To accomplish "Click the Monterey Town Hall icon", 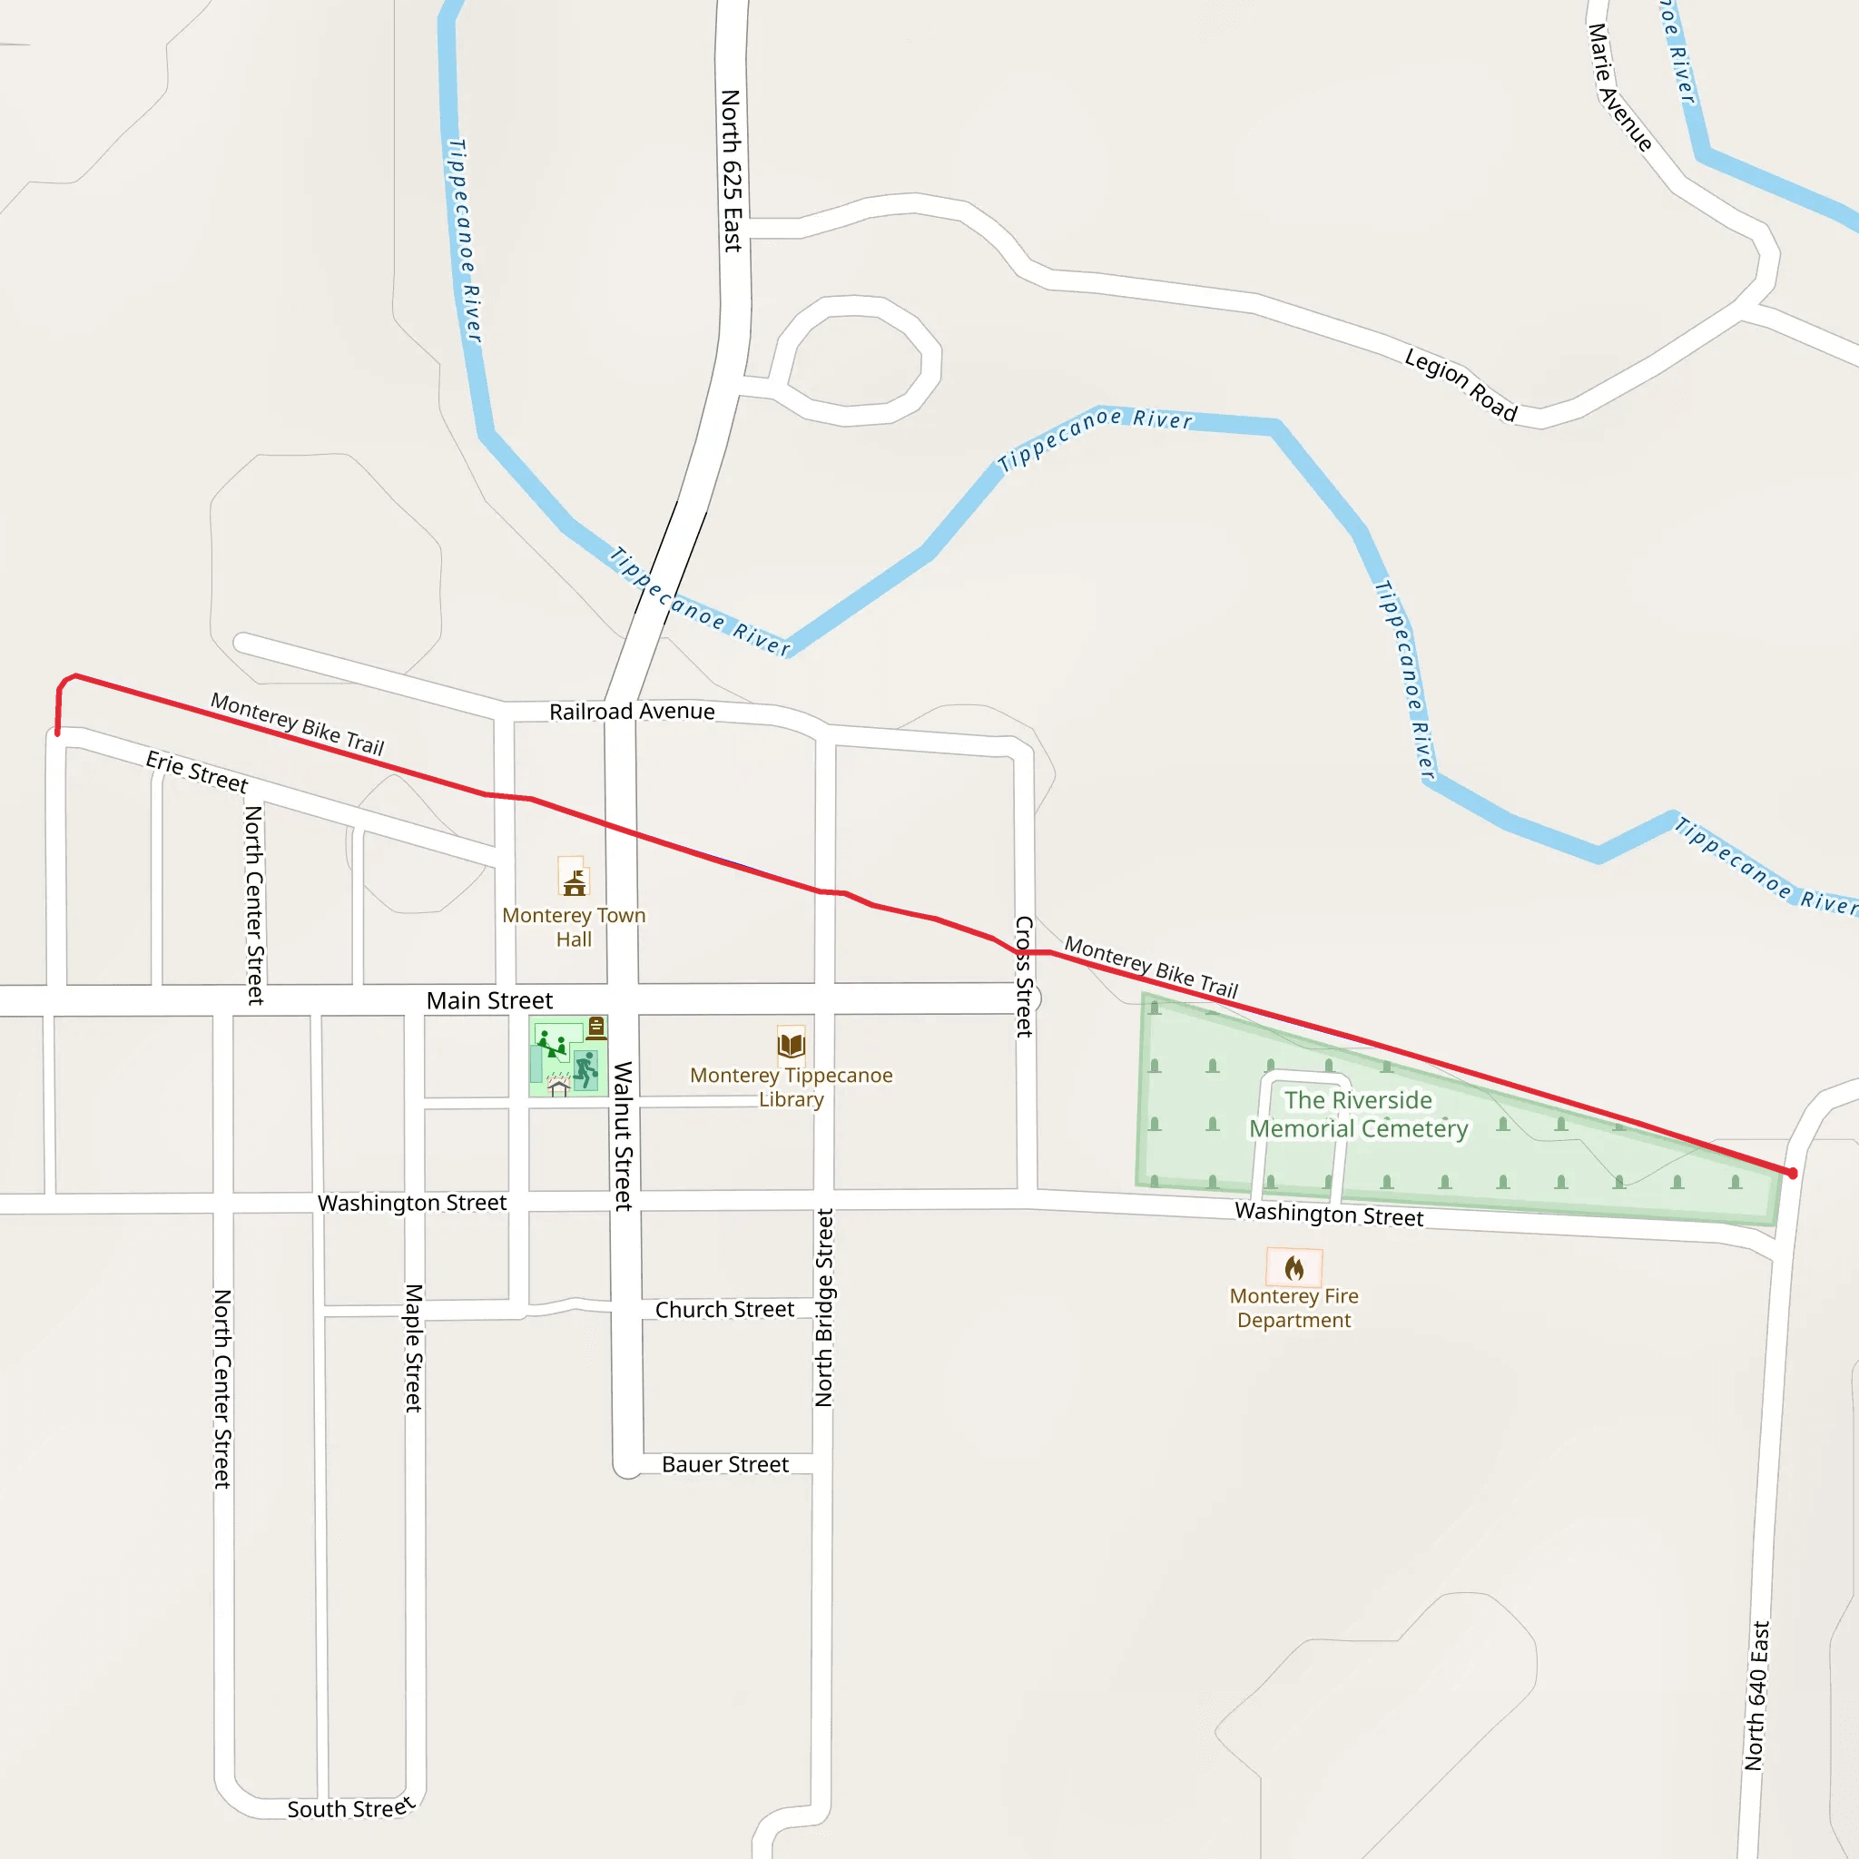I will point(575,879).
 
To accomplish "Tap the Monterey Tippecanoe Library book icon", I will point(791,1043).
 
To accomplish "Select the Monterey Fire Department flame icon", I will point(1294,1267).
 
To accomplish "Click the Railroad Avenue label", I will point(632,711).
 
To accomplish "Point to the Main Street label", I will point(489,1000).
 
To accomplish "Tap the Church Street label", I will point(724,1310).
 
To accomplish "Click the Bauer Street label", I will point(724,1464).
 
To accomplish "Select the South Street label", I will point(350,1808).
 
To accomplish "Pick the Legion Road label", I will point(1460,385).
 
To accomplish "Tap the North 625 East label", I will point(732,171).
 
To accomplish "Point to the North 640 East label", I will point(1757,1696).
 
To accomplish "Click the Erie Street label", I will point(196,772).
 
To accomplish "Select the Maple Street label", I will point(414,1348).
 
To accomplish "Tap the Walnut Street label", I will point(624,1136).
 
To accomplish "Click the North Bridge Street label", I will point(824,1308).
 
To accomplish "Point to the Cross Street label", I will point(1025,976).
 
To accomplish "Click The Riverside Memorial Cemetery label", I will point(1358,1115).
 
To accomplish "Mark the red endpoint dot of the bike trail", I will point(1792,1173).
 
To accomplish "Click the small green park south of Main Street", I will point(567,1057).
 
